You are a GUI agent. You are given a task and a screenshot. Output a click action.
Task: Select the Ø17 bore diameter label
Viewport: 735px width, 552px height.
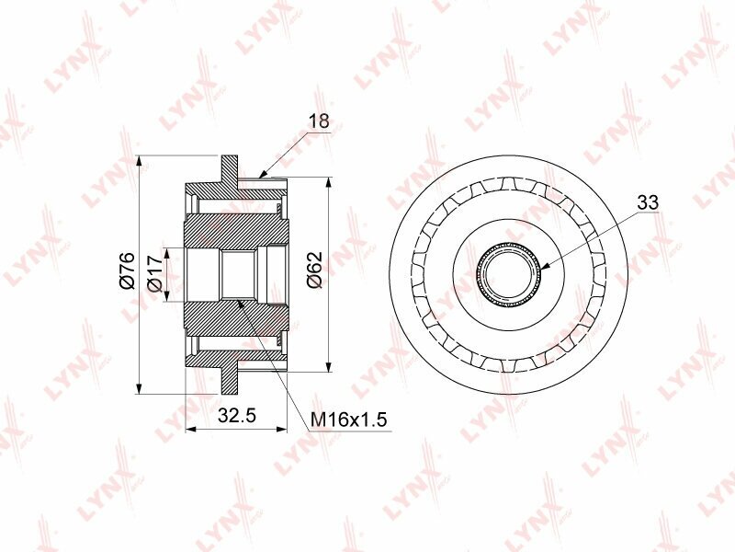click(x=154, y=273)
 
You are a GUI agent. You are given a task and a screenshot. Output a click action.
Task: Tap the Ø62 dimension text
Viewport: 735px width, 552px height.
click(x=314, y=270)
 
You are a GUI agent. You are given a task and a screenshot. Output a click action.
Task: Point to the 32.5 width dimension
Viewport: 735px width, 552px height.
click(x=237, y=415)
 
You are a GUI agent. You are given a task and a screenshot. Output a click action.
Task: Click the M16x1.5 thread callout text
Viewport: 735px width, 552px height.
click(x=349, y=420)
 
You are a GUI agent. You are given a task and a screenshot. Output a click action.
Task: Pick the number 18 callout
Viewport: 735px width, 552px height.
click(x=319, y=121)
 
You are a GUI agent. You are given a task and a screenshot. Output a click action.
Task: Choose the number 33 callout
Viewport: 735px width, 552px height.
click(x=648, y=202)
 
